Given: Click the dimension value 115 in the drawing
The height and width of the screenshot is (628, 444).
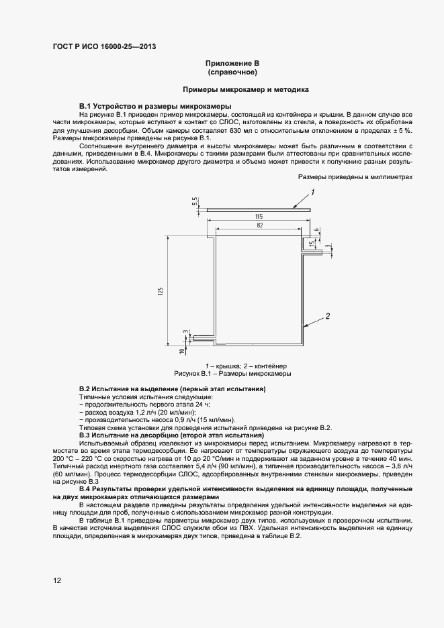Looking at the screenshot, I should click(x=258, y=216).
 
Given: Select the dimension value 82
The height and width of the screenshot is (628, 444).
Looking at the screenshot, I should click(x=258, y=226).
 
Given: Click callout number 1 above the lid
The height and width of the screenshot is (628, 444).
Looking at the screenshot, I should click(x=312, y=193).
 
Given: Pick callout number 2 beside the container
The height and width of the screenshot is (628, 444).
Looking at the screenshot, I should click(x=327, y=315).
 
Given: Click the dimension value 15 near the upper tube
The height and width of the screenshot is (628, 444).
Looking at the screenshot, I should click(x=311, y=243).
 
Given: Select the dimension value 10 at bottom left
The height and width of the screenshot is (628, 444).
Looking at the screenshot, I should click(x=182, y=350).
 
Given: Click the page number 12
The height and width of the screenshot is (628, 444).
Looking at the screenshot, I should click(x=57, y=580).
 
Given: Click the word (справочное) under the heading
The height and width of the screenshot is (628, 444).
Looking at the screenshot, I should click(x=233, y=71).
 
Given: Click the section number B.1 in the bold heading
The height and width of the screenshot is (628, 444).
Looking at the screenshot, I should click(x=85, y=107).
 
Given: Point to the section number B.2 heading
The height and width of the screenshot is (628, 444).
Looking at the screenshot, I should click(x=85, y=389).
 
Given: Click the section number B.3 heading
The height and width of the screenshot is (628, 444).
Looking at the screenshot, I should click(x=85, y=435).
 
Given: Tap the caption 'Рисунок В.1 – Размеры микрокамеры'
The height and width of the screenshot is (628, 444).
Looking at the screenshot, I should click(x=232, y=373).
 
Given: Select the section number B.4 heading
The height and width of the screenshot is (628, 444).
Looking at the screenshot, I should click(x=85, y=488).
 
